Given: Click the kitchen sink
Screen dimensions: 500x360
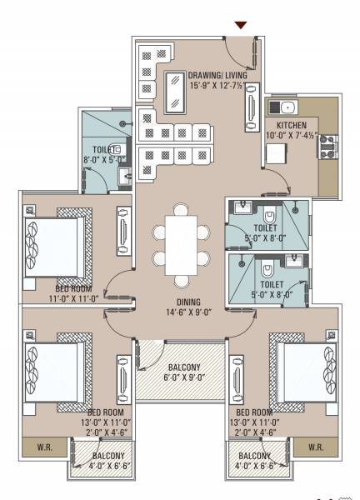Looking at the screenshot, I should coord(286,107).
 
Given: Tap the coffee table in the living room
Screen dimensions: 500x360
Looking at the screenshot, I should coord(177,93).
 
